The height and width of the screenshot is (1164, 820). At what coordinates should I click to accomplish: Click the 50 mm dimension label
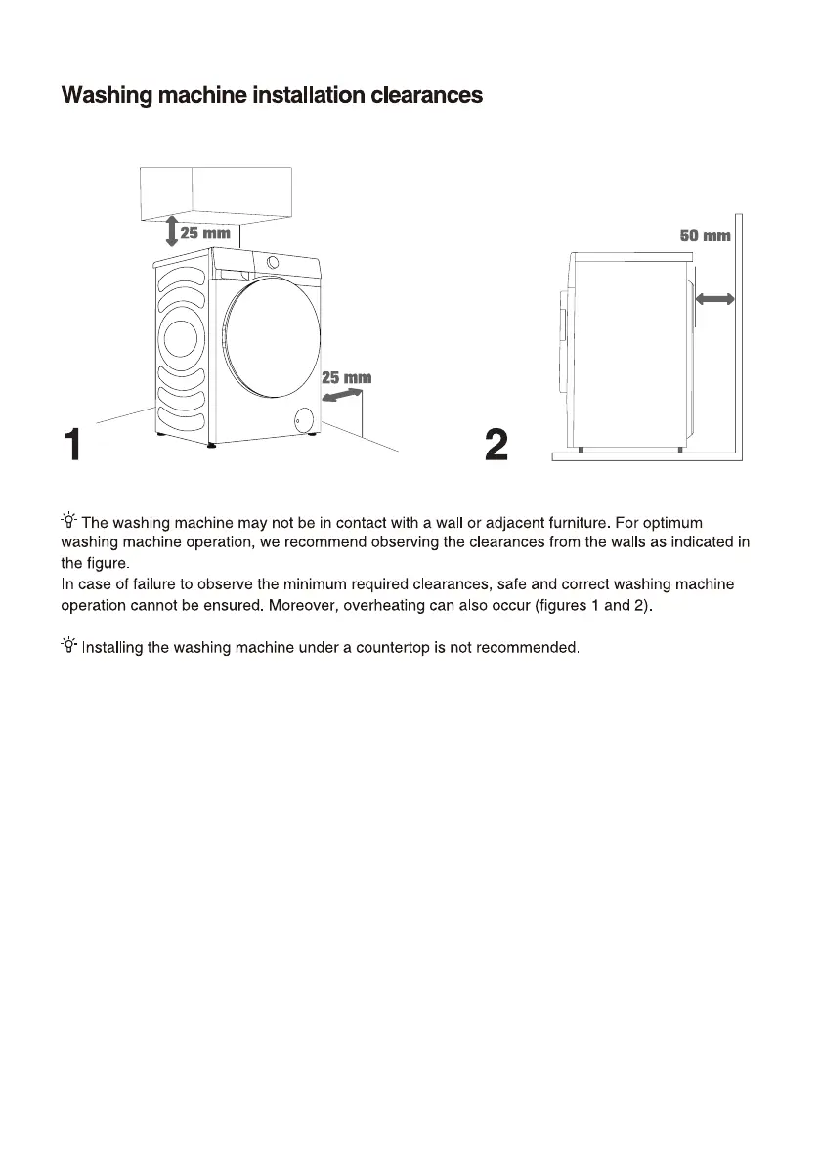click(704, 236)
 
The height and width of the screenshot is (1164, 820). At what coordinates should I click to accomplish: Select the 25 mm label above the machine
click(204, 234)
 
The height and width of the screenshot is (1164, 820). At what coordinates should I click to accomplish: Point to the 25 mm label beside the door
click(346, 377)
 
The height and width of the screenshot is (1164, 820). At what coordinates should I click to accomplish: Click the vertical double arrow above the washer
click(171, 231)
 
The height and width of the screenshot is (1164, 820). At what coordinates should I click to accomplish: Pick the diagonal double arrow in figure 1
click(341, 394)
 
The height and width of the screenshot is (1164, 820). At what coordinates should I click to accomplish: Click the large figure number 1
click(72, 446)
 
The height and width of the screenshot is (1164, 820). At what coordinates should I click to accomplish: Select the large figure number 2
click(496, 446)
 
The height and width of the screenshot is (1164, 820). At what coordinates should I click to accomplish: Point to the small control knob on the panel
click(271, 262)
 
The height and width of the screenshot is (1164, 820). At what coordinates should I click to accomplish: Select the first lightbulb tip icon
click(69, 523)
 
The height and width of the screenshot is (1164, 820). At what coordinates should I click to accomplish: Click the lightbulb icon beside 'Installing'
click(69, 646)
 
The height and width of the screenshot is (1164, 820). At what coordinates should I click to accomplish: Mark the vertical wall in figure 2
click(739, 332)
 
